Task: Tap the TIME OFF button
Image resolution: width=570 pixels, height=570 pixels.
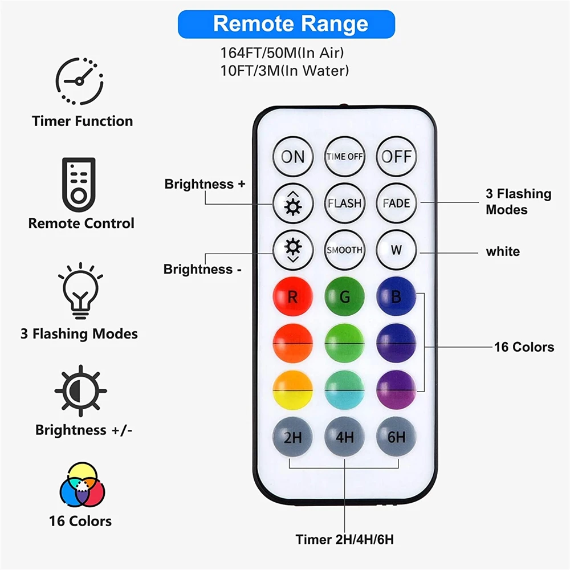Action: [344, 156]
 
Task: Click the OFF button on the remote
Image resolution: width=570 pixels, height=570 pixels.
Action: [396, 156]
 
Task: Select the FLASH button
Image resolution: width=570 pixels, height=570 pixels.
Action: [344, 203]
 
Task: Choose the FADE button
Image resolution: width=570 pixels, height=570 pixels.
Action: [396, 203]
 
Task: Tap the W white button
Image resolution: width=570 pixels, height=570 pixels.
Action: [396, 250]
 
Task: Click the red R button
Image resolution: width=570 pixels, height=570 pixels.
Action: [293, 297]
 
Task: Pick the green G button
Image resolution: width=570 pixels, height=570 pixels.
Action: [344, 297]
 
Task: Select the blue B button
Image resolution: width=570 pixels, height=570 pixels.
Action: [396, 297]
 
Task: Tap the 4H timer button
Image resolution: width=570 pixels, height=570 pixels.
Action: [344, 438]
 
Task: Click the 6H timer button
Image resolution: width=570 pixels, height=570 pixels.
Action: [396, 438]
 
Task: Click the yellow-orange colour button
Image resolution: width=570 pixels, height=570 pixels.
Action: [293, 390]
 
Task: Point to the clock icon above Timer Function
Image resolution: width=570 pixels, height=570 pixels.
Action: [79, 80]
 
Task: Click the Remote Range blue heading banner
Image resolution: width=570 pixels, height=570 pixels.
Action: [286, 24]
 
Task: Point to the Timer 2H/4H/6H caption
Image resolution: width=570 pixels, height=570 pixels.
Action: [344, 539]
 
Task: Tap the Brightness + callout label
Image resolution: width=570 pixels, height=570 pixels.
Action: [205, 184]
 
